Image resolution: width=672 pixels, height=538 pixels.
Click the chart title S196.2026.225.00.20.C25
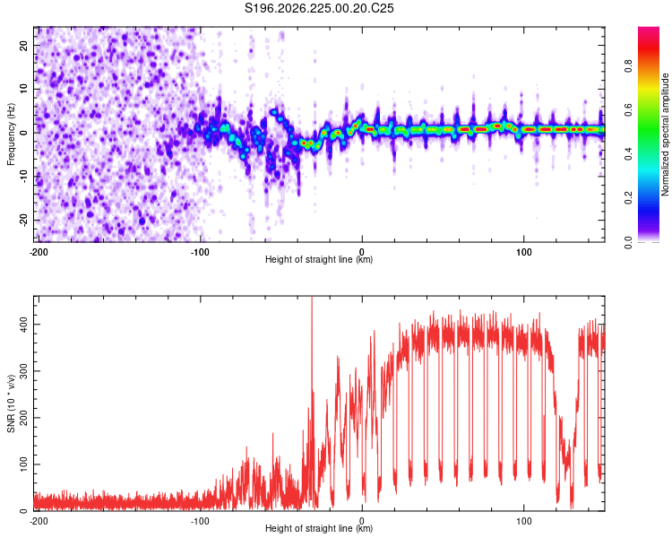tap(319, 8)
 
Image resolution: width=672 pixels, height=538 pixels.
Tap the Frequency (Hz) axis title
tap(11, 134)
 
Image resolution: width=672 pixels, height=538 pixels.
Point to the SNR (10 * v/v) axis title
tap(11, 403)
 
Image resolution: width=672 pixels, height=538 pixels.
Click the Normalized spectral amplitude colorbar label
tap(665, 134)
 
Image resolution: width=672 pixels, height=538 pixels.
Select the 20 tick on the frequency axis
tap(23, 45)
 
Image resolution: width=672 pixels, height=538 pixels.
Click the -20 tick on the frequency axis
tap(23, 221)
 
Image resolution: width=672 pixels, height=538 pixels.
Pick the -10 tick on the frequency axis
tap(23, 177)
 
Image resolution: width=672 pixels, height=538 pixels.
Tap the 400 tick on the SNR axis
tap(23, 325)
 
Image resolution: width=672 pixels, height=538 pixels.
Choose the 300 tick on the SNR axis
tap(23, 371)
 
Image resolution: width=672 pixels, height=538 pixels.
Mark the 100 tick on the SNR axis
tap(23, 464)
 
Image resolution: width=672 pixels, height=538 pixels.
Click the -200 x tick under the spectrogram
tap(39, 252)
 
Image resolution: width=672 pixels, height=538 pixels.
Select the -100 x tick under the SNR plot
tap(200, 521)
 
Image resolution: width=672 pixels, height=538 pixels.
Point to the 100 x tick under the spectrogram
tap(524, 252)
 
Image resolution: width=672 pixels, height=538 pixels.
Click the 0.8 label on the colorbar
tap(628, 66)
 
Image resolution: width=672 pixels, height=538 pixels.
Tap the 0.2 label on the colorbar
tap(628, 198)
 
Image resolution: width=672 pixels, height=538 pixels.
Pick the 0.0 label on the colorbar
tap(628, 242)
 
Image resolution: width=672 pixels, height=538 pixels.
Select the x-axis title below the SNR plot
tap(319, 528)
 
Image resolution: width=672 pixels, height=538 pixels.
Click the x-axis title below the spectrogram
tap(319, 259)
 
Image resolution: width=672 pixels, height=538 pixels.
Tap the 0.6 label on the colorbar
tap(628, 110)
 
